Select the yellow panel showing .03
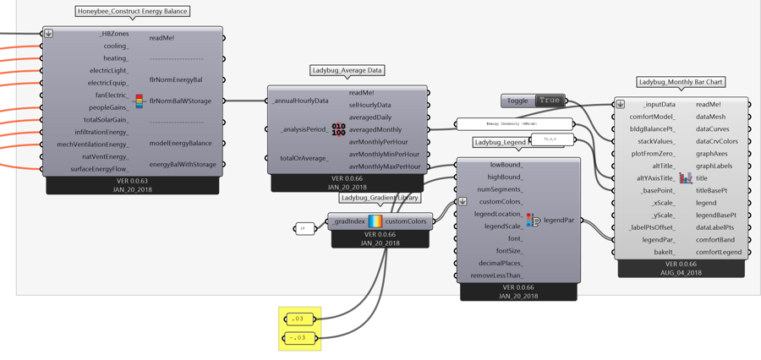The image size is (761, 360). (x=300, y=319)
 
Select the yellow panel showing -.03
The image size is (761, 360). (x=300, y=337)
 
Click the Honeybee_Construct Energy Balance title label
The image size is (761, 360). (x=132, y=12)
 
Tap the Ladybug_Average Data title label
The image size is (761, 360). (x=347, y=71)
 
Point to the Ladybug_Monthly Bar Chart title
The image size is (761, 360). (x=682, y=83)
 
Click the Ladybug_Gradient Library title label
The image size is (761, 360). (x=380, y=198)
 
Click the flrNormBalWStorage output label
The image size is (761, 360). (x=179, y=101)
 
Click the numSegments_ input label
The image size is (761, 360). (x=500, y=189)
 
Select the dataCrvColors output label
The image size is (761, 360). (x=717, y=141)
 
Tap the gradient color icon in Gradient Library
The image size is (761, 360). (x=375, y=221)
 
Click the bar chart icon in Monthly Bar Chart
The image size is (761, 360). (x=686, y=178)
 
